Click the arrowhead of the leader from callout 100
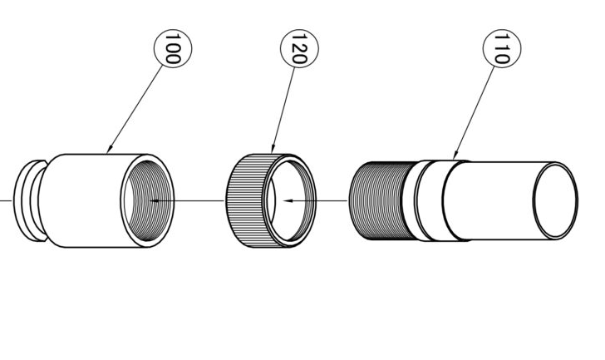pyautogui.click(x=109, y=150)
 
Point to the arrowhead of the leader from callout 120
pyautogui.click(x=273, y=149)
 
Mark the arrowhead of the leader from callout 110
pyautogui.click(x=455, y=155)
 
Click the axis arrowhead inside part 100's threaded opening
pyautogui.click(x=155, y=200)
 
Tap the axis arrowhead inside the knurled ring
pyautogui.click(x=288, y=200)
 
